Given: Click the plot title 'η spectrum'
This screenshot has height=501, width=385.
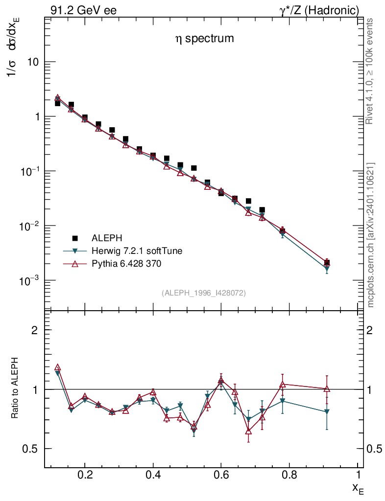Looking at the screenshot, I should pyautogui.click(x=204, y=39).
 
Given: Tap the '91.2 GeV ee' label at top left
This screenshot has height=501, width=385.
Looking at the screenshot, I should pyautogui.click(x=83, y=10).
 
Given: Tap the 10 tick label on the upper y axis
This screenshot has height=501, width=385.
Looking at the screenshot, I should pyautogui.click(x=32, y=62).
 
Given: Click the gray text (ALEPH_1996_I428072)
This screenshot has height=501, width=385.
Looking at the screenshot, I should pyautogui.click(x=203, y=293).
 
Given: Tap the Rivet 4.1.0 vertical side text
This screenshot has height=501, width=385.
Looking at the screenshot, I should pyautogui.click(x=370, y=71).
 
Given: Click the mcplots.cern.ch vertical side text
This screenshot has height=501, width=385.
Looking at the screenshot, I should pyautogui.click(x=370, y=235).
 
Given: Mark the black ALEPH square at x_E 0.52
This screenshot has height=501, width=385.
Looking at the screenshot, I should pyautogui.click(x=193, y=168).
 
